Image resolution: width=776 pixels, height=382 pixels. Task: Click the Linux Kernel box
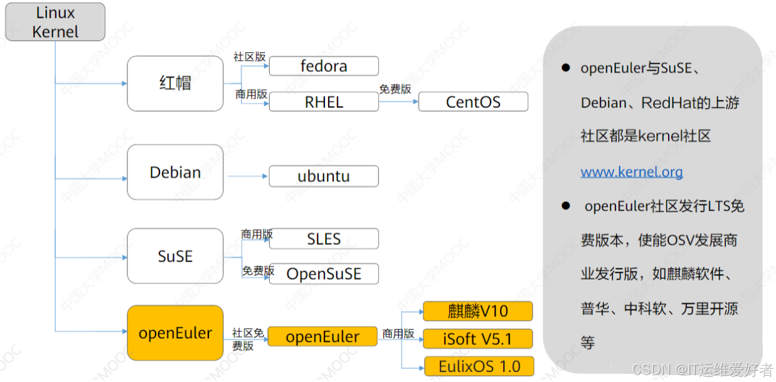click(55, 22)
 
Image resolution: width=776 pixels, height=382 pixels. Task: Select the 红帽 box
click(175, 84)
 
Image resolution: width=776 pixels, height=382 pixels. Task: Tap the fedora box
click(324, 66)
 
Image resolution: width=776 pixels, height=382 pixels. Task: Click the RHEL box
click(324, 102)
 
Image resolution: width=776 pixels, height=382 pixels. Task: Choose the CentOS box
click(473, 102)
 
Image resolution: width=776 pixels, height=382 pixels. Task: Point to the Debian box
click(175, 172)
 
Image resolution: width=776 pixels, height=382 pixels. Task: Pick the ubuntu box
click(324, 176)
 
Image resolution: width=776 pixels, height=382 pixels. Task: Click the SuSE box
click(175, 256)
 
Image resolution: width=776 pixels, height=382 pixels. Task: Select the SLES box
click(324, 239)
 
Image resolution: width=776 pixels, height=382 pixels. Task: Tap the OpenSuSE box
click(324, 274)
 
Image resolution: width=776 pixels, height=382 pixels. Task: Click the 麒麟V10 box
click(477, 311)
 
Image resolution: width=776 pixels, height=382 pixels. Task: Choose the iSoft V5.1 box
click(477, 339)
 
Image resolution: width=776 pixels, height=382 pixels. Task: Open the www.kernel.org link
click(631, 172)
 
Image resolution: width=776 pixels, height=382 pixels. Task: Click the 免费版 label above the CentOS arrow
click(395, 89)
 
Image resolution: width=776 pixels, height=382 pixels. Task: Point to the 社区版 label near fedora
click(250, 57)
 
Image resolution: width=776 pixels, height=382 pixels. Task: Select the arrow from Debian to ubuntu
click(247, 177)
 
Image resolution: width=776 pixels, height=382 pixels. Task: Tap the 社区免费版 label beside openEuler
click(248, 339)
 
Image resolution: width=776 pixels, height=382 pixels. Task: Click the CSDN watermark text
click(703, 369)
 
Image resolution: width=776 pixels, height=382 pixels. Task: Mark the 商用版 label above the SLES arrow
click(257, 234)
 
